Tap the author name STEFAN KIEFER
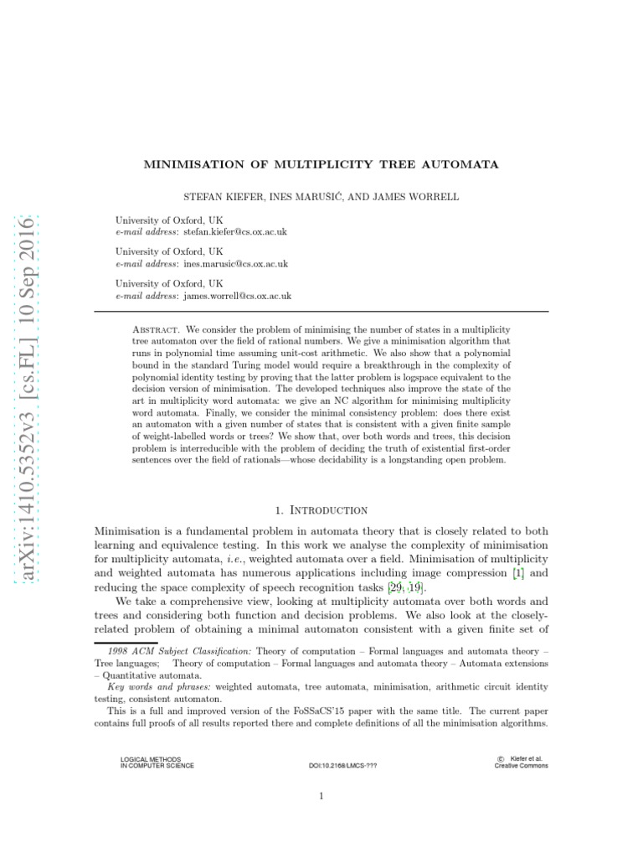(220, 196)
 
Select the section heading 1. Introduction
(321, 509)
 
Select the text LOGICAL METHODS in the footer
(151, 759)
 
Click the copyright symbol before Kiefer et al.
(499, 759)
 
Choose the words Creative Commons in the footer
(521, 766)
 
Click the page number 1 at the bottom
(321, 797)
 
